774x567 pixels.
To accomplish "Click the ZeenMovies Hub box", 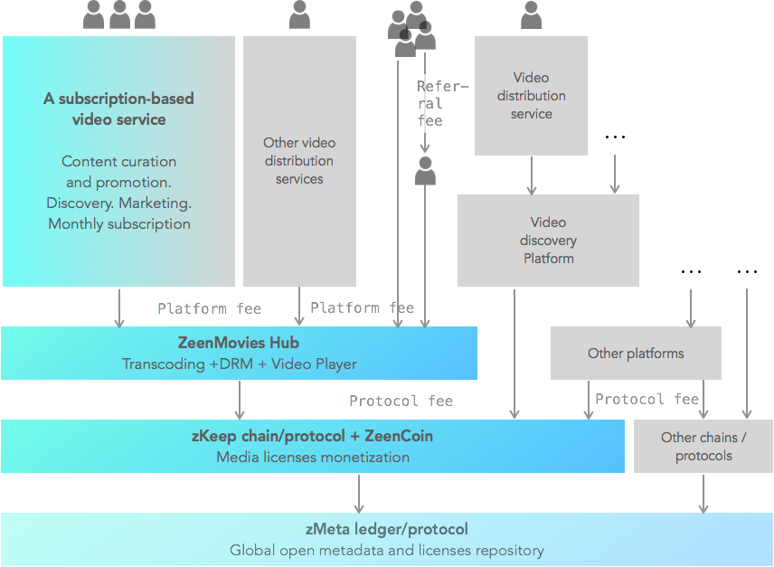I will pos(239,353).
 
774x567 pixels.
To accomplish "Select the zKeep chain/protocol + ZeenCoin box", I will pos(312,446).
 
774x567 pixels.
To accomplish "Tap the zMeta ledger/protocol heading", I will pos(386,530).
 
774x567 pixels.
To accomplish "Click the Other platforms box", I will pos(636,354).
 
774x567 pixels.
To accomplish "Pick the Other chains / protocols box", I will pos(703,447).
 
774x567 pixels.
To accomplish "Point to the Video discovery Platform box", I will pos(548,241).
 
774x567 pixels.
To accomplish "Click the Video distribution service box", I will pos(531,96).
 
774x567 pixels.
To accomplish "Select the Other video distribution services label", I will pos(299,161).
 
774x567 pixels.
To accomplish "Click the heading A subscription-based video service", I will pos(118,109).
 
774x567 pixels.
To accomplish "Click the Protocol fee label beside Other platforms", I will pos(647,400).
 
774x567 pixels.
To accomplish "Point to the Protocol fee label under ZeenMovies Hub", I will pos(401,401).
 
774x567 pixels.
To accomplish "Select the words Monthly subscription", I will pos(119,223).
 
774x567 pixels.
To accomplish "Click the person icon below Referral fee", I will pos(425,171).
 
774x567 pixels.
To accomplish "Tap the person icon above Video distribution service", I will pos(532,14).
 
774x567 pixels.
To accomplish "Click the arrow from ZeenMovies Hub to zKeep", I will pos(240,399).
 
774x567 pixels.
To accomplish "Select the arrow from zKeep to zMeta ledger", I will pos(359,493).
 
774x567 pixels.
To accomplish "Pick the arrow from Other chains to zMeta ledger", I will pos(703,493).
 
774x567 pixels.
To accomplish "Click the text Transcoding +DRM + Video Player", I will pos(239,364).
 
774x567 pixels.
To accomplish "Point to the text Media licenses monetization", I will pos(312,458).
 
